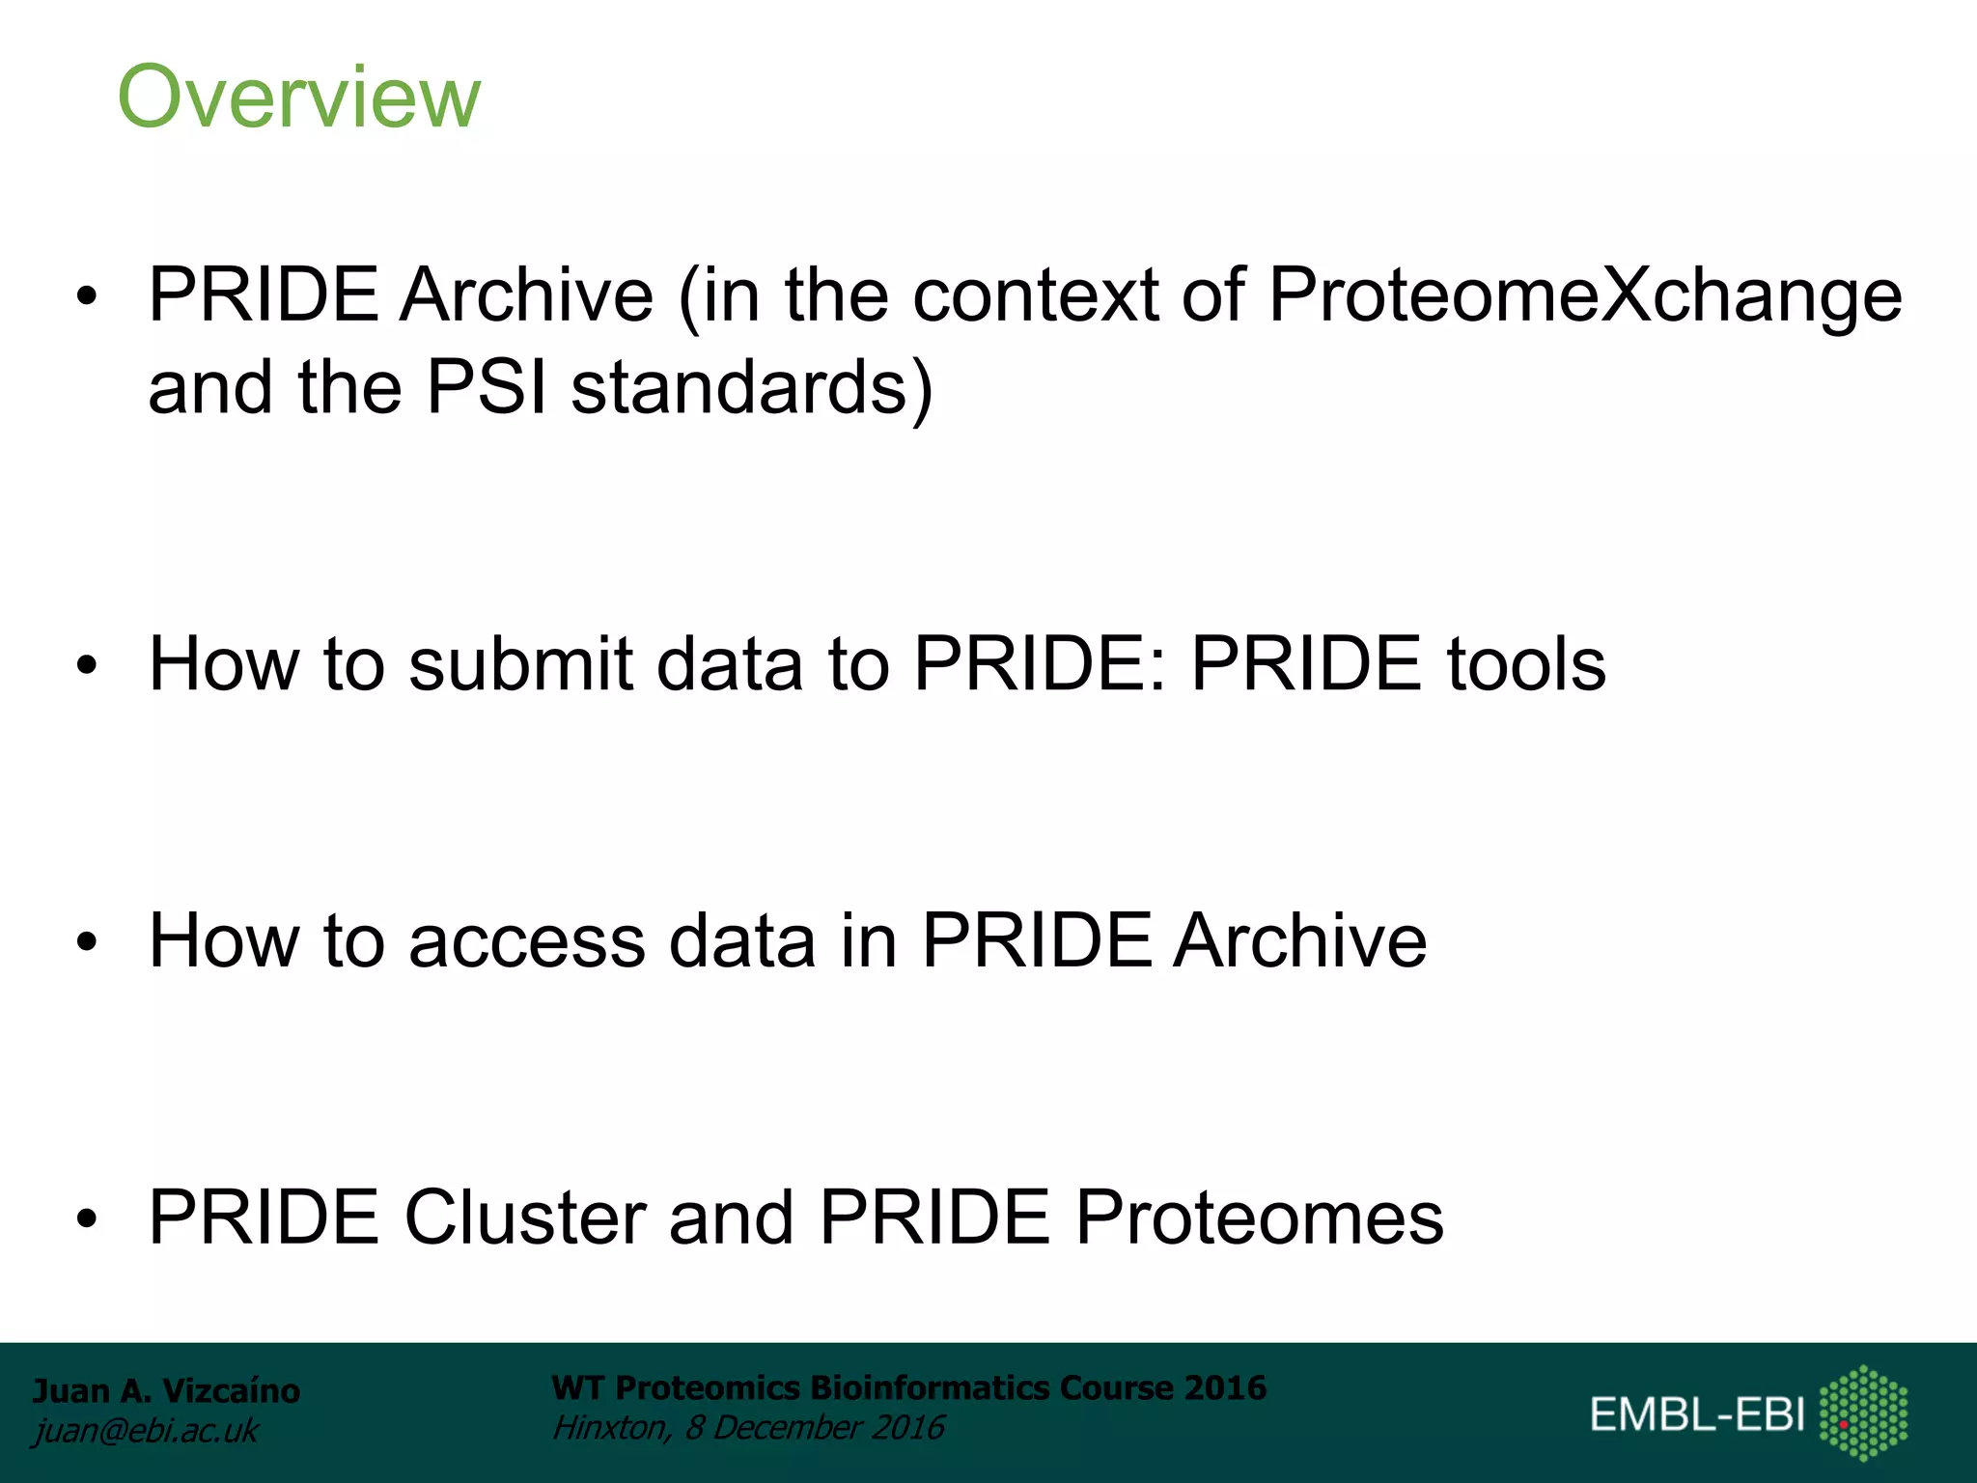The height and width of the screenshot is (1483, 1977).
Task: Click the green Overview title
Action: [x=298, y=97]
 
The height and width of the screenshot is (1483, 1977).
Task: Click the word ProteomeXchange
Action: [x=1584, y=295]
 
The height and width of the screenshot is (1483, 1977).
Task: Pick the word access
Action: [x=526, y=940]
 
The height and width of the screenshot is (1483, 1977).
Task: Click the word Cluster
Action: [x=524, y=1217]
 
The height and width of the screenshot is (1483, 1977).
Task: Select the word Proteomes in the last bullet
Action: [x=1259, y=1217]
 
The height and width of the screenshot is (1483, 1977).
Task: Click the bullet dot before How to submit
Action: [x=88, y=666]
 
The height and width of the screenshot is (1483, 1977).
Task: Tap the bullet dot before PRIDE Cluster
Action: [x=88, y=1219]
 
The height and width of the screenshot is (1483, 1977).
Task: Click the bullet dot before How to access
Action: [x=88, y=942]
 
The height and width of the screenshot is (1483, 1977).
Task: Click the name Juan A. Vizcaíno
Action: [x=166, y=1390]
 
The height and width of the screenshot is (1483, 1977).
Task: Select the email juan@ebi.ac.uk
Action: [x=145, y=1431]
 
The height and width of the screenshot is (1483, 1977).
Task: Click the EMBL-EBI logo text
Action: [x=1697, y=1414]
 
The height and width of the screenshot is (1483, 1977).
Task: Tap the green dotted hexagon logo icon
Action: [x=1863, y=1413]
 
